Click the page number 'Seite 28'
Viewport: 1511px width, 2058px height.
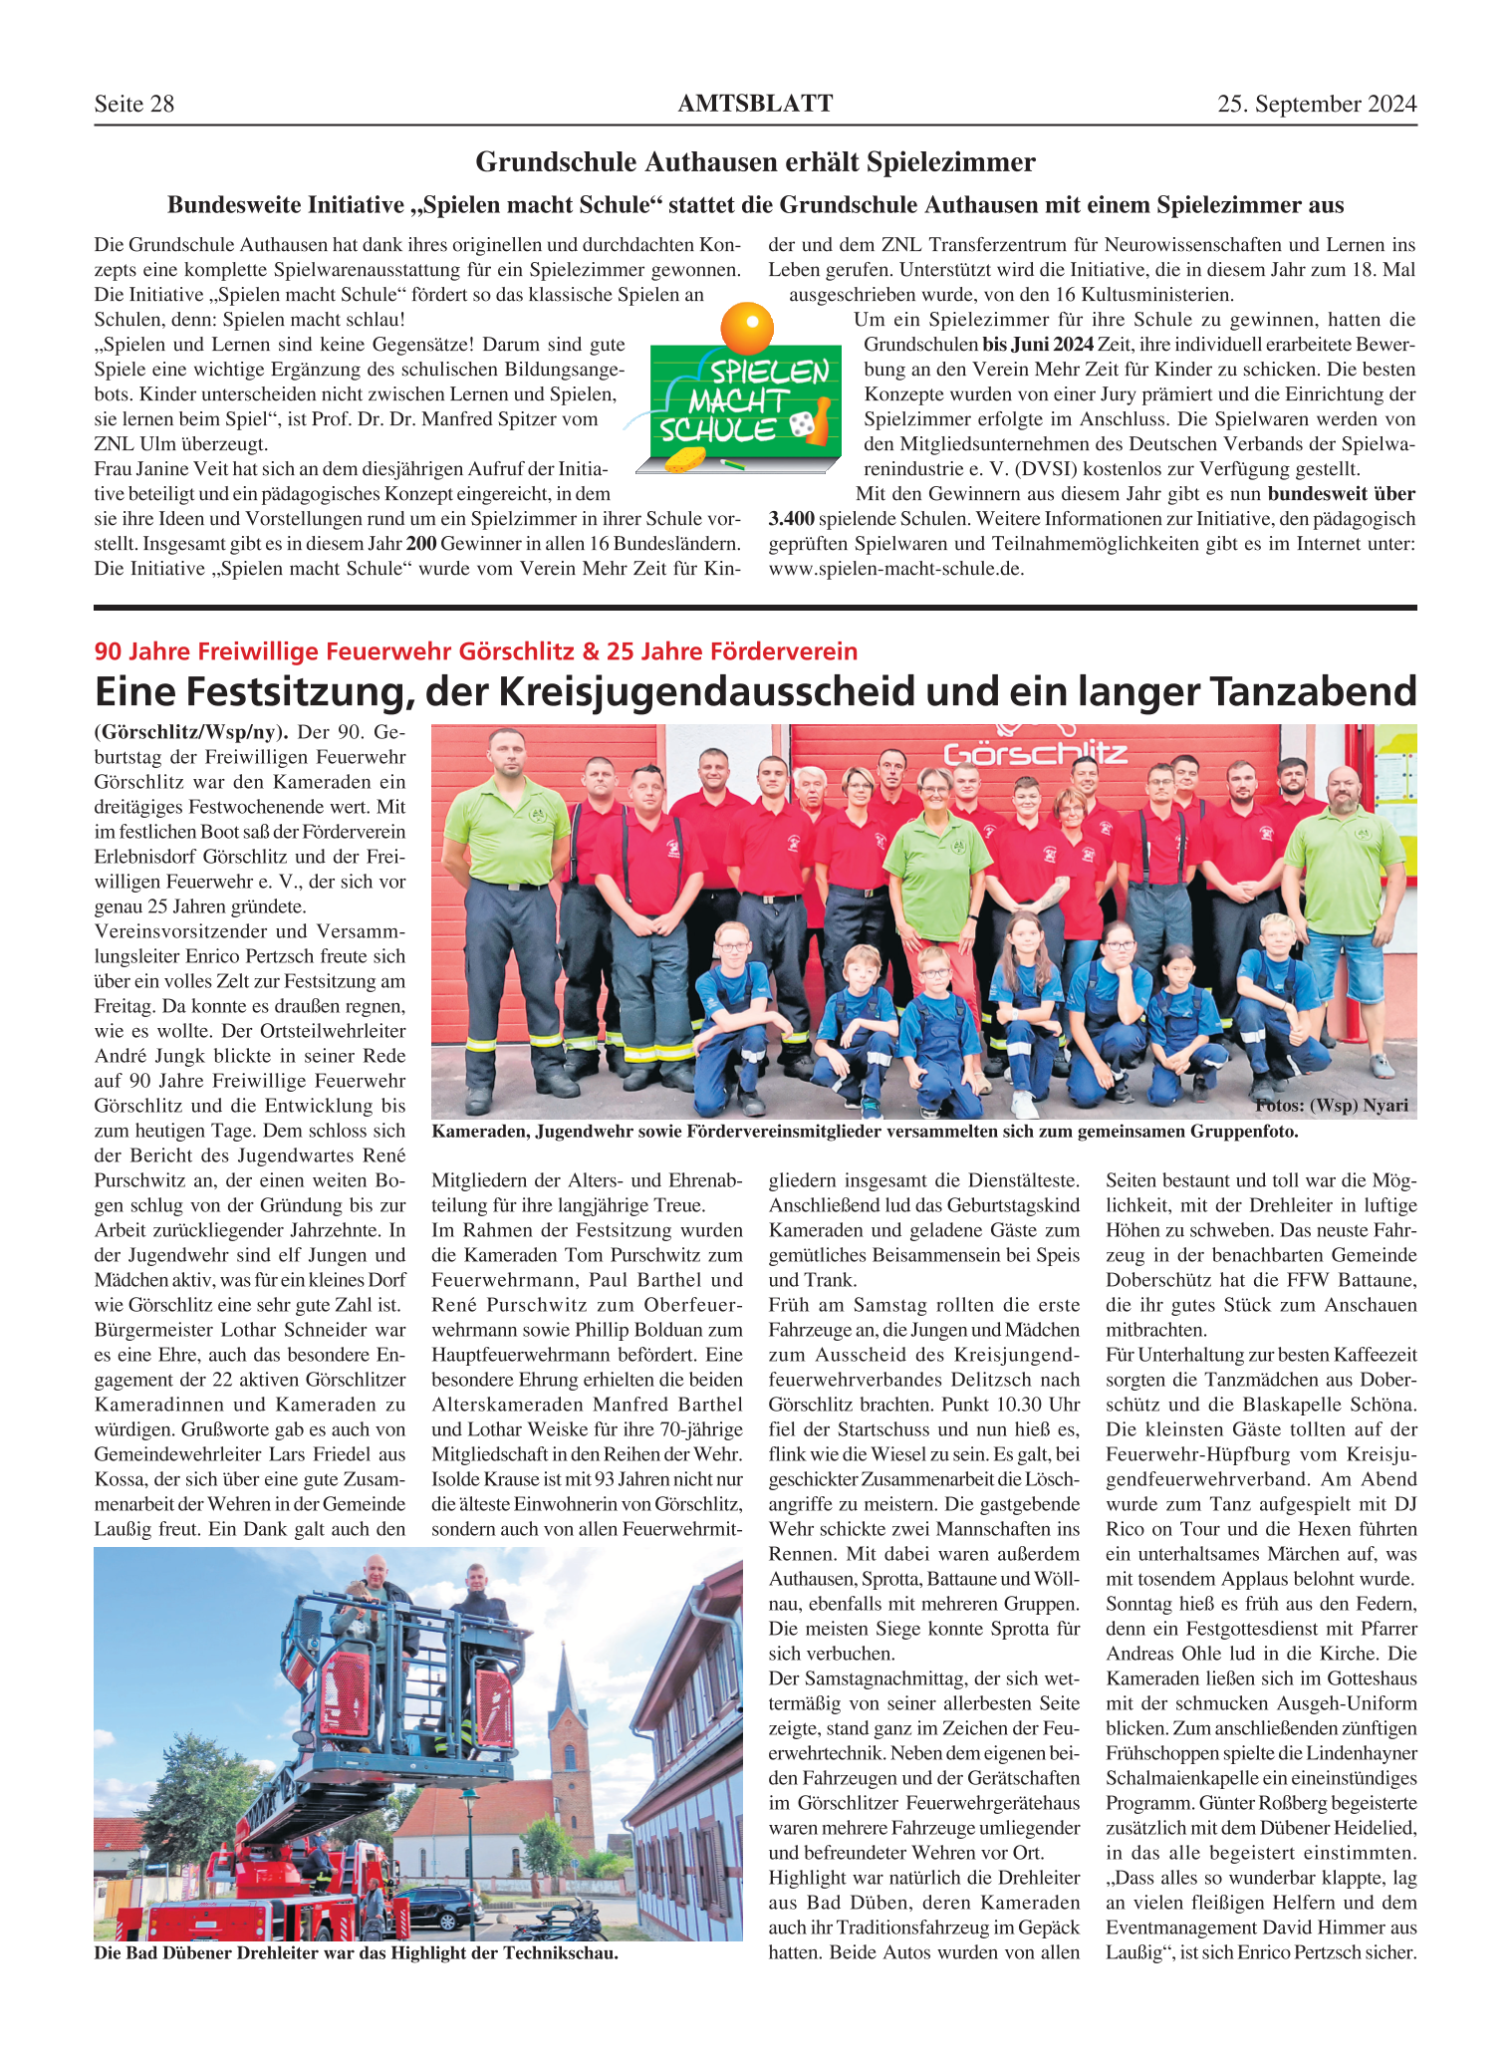click(x=134, y=105)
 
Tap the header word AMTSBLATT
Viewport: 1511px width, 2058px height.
click(x=755, y=104)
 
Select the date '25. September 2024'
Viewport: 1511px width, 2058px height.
click(x=1316, y=105)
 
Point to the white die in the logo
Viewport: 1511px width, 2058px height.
click(x=800, y=425)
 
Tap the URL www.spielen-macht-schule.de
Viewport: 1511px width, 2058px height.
click(x=895, y=569)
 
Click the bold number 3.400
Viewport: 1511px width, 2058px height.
click(x=792, y=519)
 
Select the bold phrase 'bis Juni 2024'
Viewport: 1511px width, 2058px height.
click(x=1037, y=345)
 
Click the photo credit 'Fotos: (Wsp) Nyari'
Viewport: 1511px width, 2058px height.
click(x=1332, y=1105)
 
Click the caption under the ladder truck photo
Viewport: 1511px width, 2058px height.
click(x=356, y=1952)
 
